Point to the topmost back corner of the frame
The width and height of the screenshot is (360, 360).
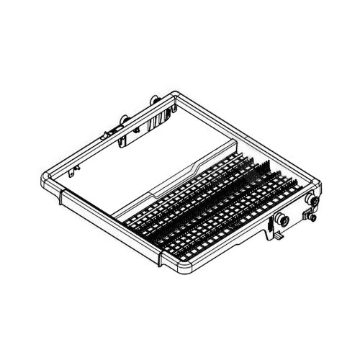pyautogui.click(x=176, y=91)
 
